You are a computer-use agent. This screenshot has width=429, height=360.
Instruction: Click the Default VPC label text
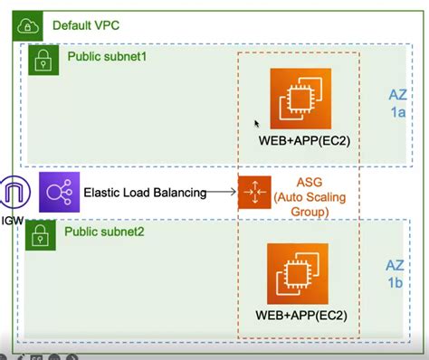84,26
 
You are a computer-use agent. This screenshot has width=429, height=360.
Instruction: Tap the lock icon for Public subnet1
42,60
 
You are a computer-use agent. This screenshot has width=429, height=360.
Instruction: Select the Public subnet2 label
104,232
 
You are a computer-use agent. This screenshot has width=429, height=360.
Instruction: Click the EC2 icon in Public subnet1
300,98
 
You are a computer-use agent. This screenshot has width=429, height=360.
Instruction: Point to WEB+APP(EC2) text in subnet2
300,317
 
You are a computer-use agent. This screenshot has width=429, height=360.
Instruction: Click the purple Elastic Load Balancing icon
59,192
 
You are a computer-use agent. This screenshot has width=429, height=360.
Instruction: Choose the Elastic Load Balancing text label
145,193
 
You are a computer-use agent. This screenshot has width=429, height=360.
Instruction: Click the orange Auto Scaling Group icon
254,193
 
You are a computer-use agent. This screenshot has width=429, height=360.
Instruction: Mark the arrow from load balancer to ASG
222,192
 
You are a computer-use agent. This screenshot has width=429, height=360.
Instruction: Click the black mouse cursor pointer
257,124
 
